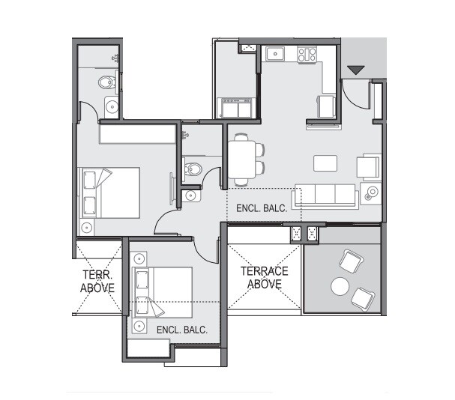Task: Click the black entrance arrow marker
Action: click(x=356, y=70)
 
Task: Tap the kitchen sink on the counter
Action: click(x=275, y=53)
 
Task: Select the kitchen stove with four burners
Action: click(x=307, y=54)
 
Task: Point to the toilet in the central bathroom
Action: click(x=191, y=169)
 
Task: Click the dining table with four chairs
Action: click(x=242, y=159)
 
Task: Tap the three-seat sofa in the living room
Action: click(x=325, y=195)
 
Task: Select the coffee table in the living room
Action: click(x=325, y=163)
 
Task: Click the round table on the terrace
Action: click(x=341, y=286)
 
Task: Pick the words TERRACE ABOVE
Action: click(x=265, y=277)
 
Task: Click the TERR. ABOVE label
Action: click(x=97, y=281)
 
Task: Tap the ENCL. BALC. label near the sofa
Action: click(x=262, y=207)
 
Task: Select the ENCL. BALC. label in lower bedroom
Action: click(x=182, y=329)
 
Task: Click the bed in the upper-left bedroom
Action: click(x=110, y=192)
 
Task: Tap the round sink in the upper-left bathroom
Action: click(x=112, y=106)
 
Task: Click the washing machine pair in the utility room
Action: click(x=235, y=109)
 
